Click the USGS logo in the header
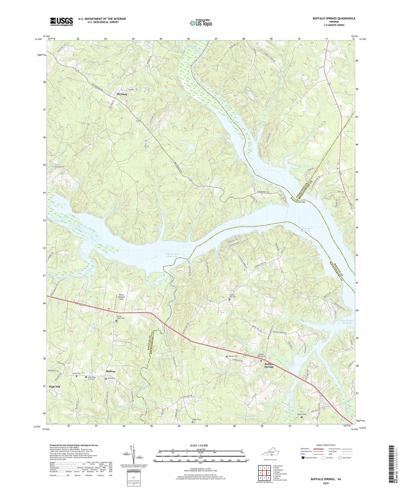click(x=61, y=22)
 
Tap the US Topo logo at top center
click(x=200, y=23)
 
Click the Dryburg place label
click(x=122, y=94)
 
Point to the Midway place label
click(x=110, y=371)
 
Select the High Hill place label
click(x=54, y=387)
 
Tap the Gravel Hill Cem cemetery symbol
click(x=229, y=299)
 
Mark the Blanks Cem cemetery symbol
click(x=227, y=357)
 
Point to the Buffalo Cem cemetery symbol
click(x=301, y=417)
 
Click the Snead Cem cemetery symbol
click(x=76, y=376)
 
